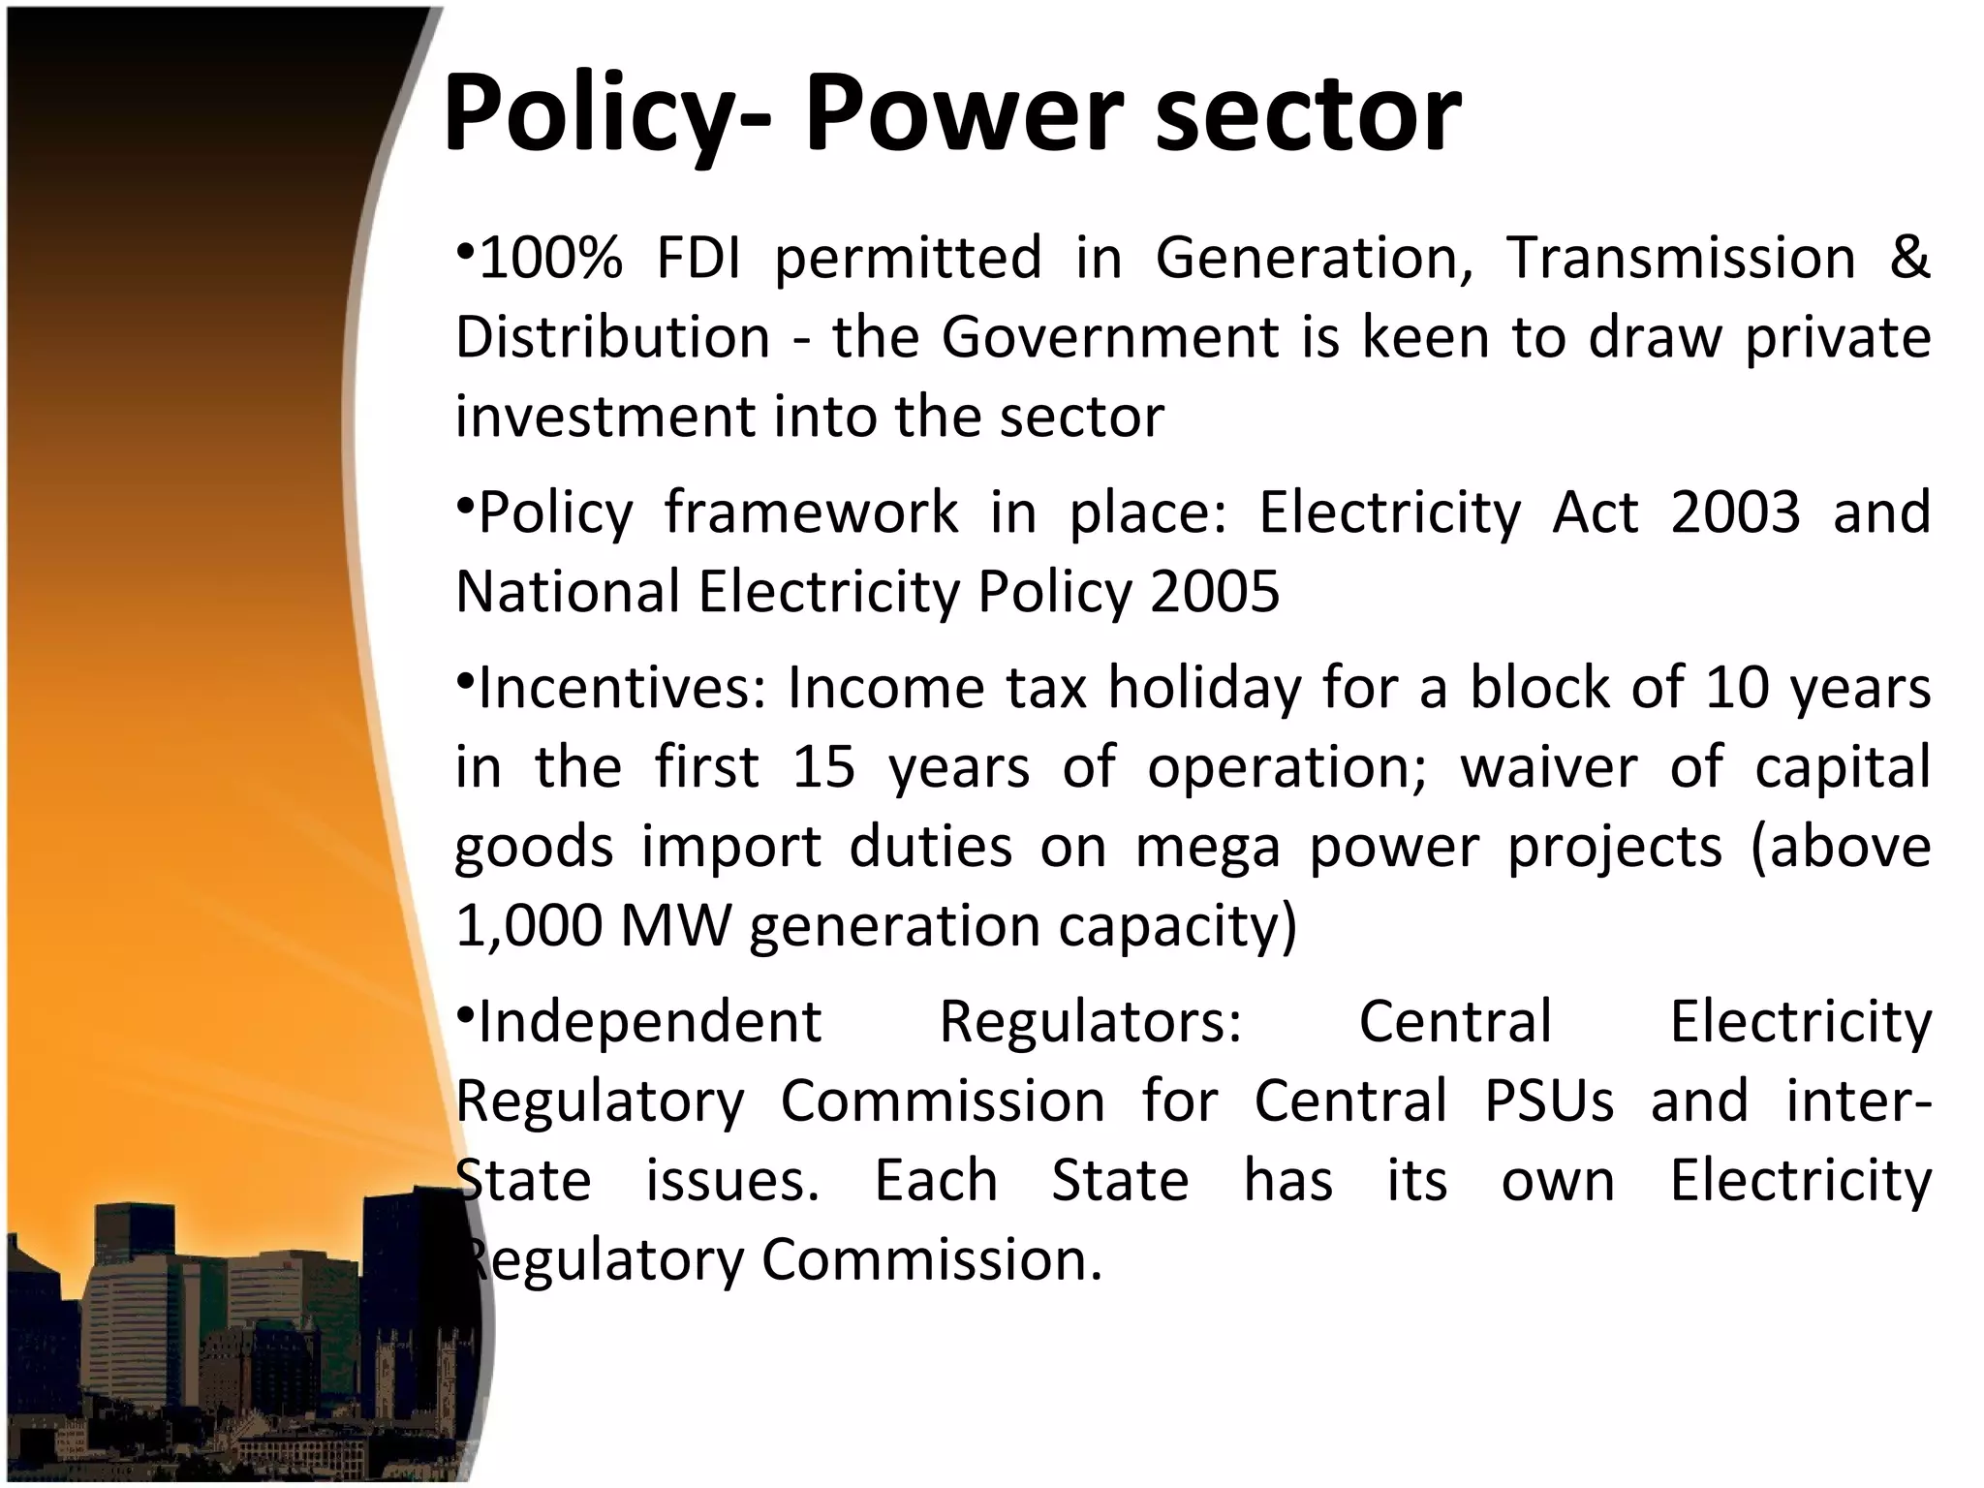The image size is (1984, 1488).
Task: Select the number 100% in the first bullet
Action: point(550,259)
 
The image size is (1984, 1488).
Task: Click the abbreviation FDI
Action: point(698,259)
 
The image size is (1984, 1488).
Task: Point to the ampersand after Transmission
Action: point(1908,259)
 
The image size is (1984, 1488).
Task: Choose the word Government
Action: point(1110,338)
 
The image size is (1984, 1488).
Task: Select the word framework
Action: point(811,512)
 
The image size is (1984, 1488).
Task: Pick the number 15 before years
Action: point(823,768)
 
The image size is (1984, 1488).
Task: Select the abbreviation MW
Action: point(675,927)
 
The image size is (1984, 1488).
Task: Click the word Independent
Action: point(650,1022)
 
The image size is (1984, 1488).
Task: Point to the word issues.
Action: point(732,1181)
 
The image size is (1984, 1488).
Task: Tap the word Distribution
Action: point(613,338)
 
